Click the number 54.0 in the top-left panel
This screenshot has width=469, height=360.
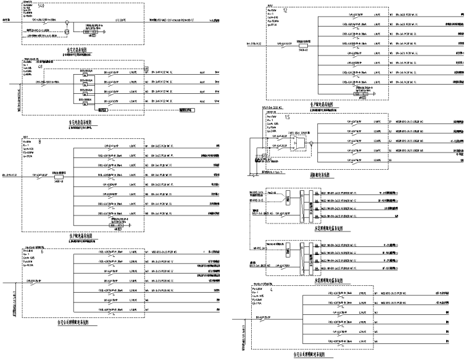(41, 6)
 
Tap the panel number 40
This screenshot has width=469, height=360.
(41, 67)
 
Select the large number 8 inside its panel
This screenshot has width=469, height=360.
(39, 142)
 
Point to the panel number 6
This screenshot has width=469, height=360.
(41, 251)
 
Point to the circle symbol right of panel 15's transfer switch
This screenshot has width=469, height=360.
(311, 143)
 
